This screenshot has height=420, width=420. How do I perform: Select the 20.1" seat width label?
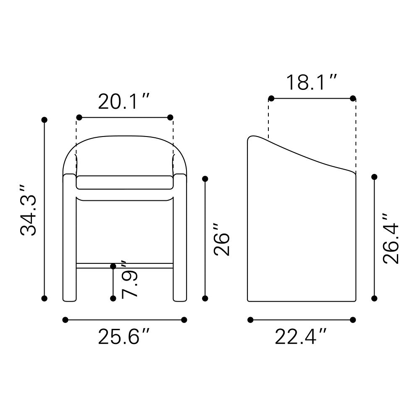click(x=123, y=102)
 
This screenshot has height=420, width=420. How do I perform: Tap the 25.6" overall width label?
click(x=123, y=336)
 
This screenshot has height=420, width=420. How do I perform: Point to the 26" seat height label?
click(x=222, y=240)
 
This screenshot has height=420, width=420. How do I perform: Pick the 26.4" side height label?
click(x=391, y=239)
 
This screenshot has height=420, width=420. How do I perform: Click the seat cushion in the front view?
click(x=125, y=182)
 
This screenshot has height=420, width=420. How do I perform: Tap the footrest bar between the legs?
click(x=125, y=266)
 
